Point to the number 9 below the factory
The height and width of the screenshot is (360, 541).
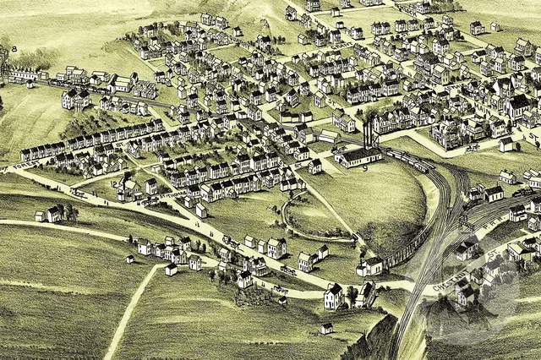coord(365,168)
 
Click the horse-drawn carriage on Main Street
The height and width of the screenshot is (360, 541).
coord(473,148)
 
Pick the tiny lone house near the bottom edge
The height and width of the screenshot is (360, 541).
coord(326,328)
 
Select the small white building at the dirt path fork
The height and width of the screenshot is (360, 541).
coord(171,269)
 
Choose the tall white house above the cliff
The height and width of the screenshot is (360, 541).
coord(334,296)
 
